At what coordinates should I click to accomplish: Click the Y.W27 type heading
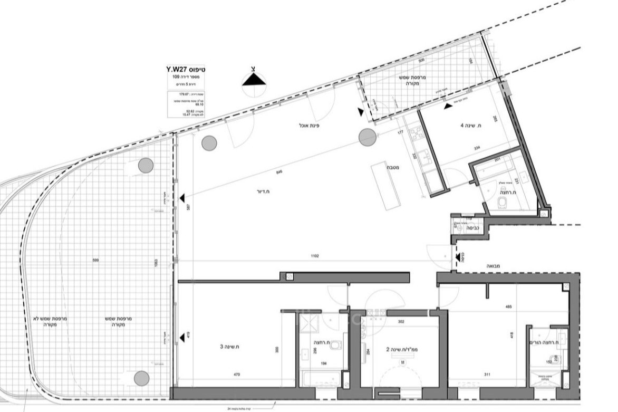click(184, 69)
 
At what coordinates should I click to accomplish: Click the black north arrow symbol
click(254, 80)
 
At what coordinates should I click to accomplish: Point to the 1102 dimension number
click(315, 256)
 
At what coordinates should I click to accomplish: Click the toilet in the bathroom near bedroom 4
click(502, 203)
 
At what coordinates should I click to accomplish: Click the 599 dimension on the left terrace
click(95, 260)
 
